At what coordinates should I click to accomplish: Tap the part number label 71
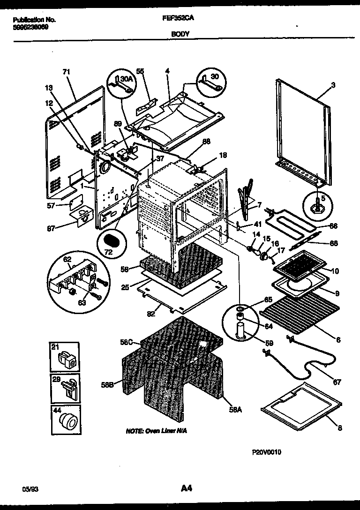tap(66, 72)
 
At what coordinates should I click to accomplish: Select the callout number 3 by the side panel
tap(333, 85)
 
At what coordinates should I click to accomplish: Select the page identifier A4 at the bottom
tap(187, 488)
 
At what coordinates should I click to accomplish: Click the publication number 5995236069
tap(30, 27)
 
